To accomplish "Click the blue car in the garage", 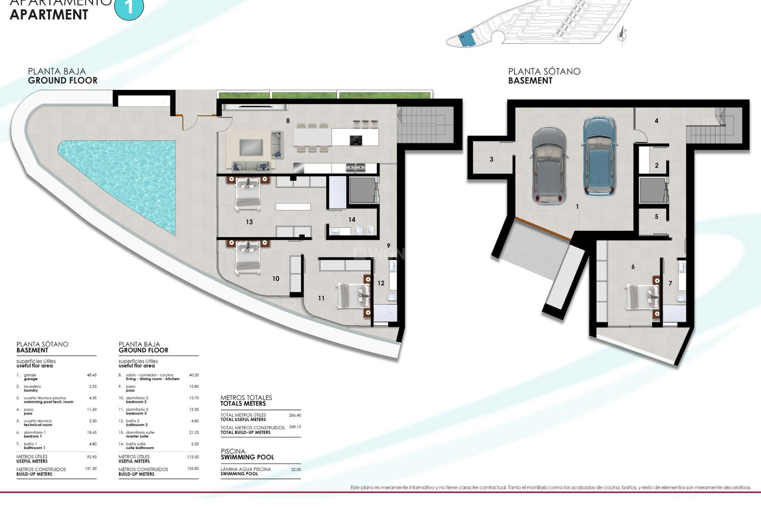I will tap(599, 156).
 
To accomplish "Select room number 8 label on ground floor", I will tap(288, 121).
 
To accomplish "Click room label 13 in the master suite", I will tap(249, 222).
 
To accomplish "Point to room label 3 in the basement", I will tap(491, 160).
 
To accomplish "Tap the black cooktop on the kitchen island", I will tap(356, 140).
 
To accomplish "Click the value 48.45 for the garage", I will tap(92, 375).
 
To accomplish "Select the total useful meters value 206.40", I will tap(295, 416).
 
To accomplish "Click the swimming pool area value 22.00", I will tap(296, 469).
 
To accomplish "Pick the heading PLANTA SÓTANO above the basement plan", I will tap(544, 72).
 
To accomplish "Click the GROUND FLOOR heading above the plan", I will tap(63, 80).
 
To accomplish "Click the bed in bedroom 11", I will tap(353, 296).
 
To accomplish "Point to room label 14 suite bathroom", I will tap(352, 220).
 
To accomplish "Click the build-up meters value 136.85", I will tap(193, 469).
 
